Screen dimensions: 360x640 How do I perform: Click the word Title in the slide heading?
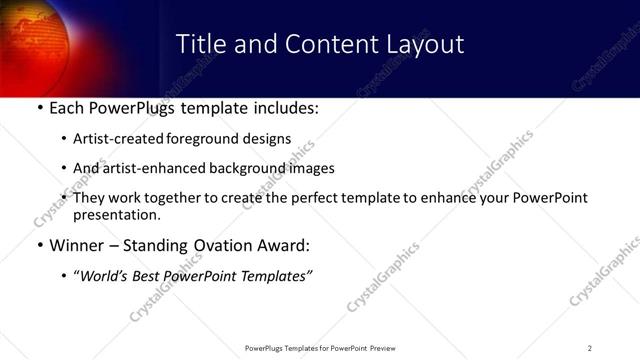coord(199,44)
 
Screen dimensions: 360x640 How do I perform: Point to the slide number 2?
coord(590,348)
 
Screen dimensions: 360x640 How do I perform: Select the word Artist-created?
coord(113,139)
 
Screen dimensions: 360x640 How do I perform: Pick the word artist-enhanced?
coord(149,168)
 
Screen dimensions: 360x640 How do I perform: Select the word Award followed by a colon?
coord(283,245)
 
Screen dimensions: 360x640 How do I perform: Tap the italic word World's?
coord(104,275)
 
